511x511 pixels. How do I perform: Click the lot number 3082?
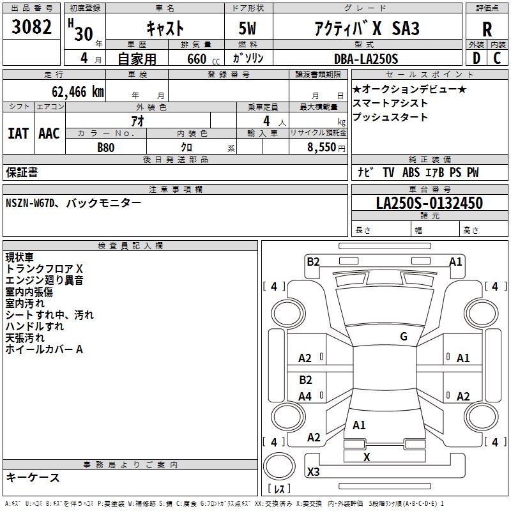[x=32, y=29]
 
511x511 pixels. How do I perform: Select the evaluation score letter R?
[x=487, y=30]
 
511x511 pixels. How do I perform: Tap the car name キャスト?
[x=165, y=28]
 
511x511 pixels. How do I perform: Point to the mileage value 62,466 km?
[x=72, y=91]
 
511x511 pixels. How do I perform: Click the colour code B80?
[x=106, y=146]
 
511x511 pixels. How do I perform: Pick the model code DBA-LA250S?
[x=365, y=58]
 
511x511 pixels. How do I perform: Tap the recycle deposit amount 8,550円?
[x=326, y=146]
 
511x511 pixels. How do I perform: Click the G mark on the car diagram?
[x=403, y=337]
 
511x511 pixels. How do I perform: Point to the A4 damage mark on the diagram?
[x=305, y=397]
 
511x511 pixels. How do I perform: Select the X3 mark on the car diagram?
[x=313, y=472]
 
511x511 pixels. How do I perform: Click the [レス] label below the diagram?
[x=279, y=489]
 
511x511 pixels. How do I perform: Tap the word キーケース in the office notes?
[x=33, y=478]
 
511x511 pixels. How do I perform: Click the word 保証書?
[x=22, y=172]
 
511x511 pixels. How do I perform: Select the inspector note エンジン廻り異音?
[x=44, y=280]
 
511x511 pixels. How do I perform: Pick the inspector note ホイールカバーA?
[x=44, y=349]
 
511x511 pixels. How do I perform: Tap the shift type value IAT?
[x=18, y=133]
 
